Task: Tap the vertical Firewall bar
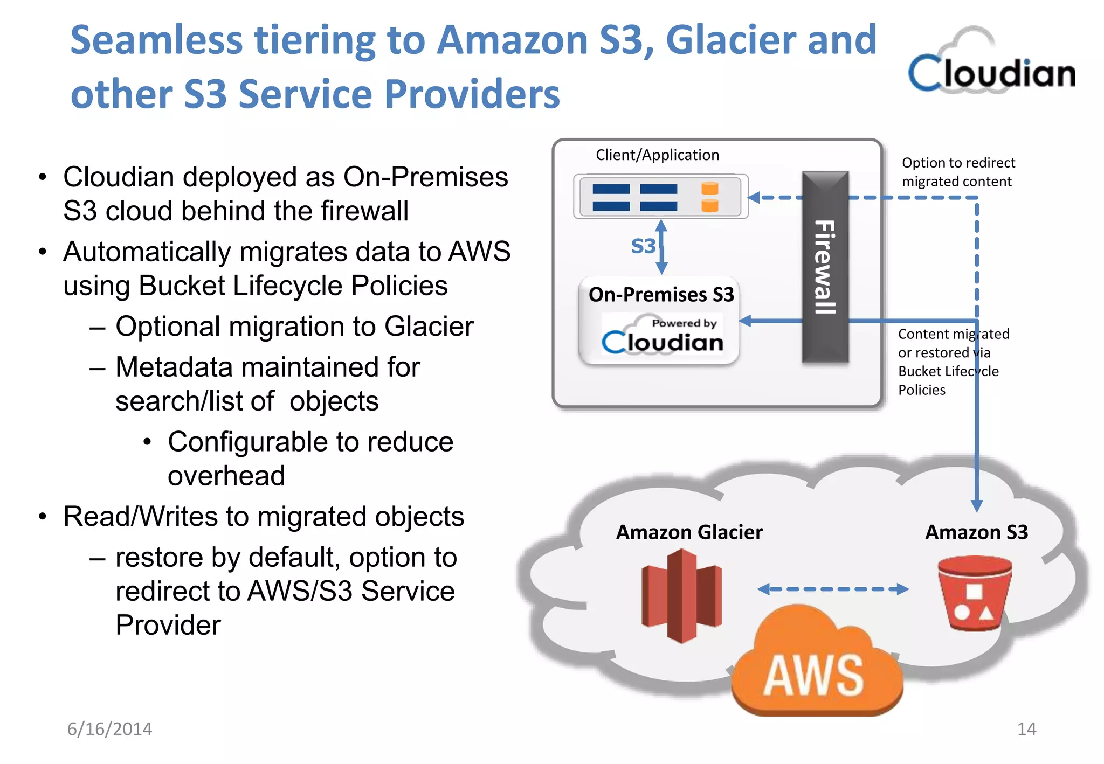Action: click(825, 267)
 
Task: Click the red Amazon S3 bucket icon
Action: click(974, 593)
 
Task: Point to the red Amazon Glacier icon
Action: click(681, 595)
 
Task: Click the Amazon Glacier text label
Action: click(689, 532)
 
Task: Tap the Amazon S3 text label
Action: click(976, 532)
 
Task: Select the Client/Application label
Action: click(657, 155)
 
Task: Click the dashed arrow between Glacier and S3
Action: click(833, 589)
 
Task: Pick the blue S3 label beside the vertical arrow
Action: click(643, 246)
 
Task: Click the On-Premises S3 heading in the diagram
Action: click(661, 295)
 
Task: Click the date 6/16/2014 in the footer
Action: click(109, 729)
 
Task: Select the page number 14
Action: click(1026, 729)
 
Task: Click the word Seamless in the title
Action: click(156, 40)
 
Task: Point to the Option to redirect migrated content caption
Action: click(958, 172)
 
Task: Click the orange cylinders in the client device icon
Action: click(709, 197)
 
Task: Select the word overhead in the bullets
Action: click(226, 476)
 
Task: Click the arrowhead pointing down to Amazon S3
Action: click(977, 505)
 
